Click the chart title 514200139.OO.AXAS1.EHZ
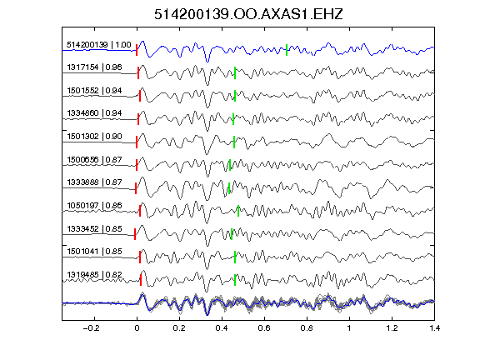click(x=248, y=14)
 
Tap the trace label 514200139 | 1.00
click(x=99, y=45)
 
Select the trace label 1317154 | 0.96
click(x=94, y=67)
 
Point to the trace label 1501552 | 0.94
click(x=94, y=91)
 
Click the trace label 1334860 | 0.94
click(x=94, y=113)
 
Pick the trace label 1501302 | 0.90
click(x=94, y=136)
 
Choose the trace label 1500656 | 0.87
click(x=94, y=159)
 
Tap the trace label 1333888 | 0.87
click(x=94, y=182)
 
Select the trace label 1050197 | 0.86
click(x=94, y=205)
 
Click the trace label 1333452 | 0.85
click(x=94, y=228)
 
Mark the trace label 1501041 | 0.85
click(x=94, y=252)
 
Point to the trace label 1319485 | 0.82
click(x=94, y=275)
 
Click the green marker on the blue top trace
click(x=287, y=50)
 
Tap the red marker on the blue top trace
click(x=137, y=50)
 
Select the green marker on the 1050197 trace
click(x=238, y=211)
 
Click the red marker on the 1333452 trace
click(x=135, y=234)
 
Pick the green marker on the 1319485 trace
click(x=235, y=280)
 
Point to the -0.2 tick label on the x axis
click(x=91, y=328)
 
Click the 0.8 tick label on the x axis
click(x=307, y=328)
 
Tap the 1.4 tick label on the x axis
click(x=434, y=328)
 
